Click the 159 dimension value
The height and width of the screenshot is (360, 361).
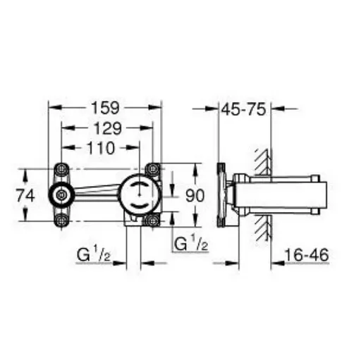click(105, 108)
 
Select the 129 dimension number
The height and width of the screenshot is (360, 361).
click(108, 128)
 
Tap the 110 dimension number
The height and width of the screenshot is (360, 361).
click(101, 148)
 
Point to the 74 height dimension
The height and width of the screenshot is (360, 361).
click(25, 196)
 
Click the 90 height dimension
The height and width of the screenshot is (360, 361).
click(195, 196)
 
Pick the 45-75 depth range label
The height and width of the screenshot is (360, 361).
click(244, 109)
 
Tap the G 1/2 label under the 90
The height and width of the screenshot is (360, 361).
click(191, 243)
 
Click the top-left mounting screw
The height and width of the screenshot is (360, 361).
click(61, 169)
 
